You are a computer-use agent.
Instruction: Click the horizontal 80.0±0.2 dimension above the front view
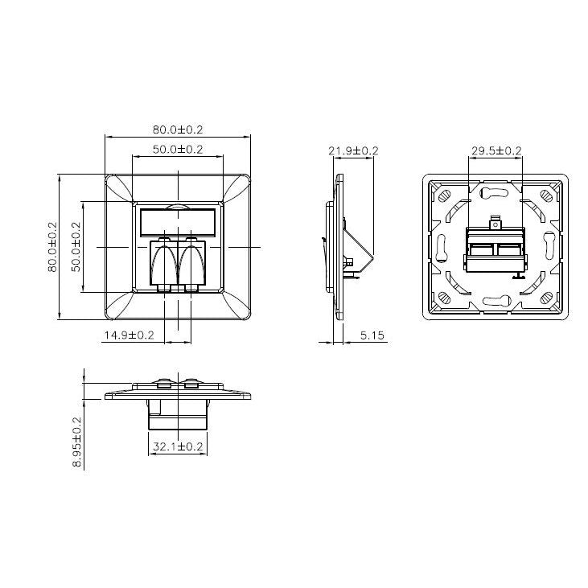pyautogui.click(x=178, y=129)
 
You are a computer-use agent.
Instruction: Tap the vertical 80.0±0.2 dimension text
pyautogui.click(x=53, y=247)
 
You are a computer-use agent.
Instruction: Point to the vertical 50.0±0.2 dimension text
pyautogui.click(x=76, y=247)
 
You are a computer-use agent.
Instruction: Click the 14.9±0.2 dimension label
pyautogui.click(x=128, y=335)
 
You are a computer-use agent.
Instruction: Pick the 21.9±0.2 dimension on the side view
pyautogui.click(x=353, y=150)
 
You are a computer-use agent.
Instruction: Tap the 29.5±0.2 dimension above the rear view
pyautogui.click(x=495, y=150)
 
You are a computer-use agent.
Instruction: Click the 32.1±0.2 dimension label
pyautogui.click(x=178, y=445)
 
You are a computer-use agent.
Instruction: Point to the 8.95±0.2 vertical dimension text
pyautogui.click(x=77, y=441)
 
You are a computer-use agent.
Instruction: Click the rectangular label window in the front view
pyautogui.click(x=178, y=220)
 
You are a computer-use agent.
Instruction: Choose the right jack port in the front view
pyautogui.click(x=192, y=264)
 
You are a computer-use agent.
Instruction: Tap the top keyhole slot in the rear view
pyautogui.click(x=495, y=192)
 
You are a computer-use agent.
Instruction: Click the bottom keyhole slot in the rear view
pyautogui.click(x=495, y=302)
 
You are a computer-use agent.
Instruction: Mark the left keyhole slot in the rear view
pyautogui.click(x=441, y=247)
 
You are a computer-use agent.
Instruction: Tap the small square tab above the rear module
pyautogui.click(x=495, y=219)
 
